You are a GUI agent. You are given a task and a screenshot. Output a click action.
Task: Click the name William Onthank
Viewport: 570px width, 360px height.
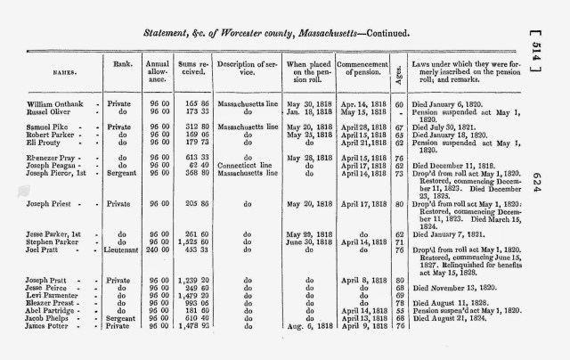55,104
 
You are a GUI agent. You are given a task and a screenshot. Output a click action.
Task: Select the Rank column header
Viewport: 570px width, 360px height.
124,63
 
